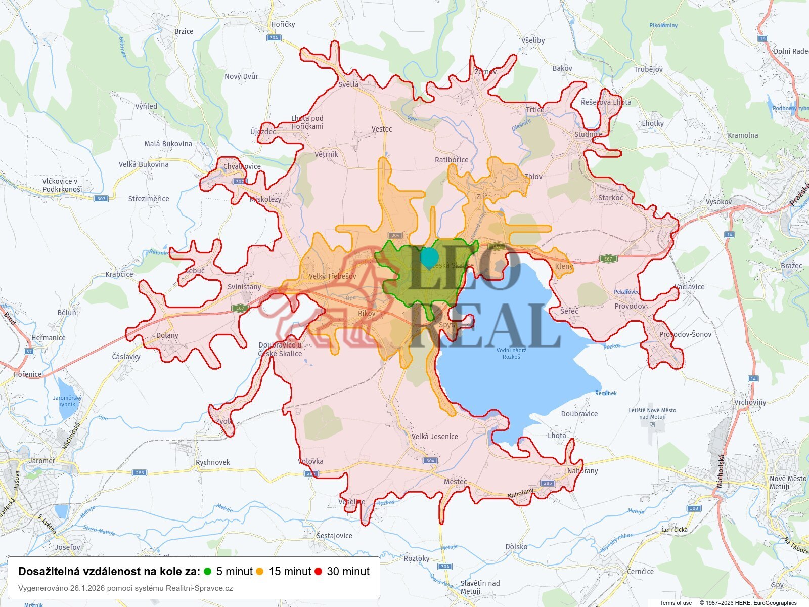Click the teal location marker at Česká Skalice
tap(429, 257)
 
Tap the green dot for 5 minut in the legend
tap(207, 572)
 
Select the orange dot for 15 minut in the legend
tap(260, 572)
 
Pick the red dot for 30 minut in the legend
tap(318, 572)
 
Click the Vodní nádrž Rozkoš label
tap(511, 353)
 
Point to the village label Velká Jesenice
tap(434, 437)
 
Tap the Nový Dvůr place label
tap(241, 76)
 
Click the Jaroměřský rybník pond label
tap(67, 401)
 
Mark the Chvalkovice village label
tap(242, 166)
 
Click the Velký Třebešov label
tap(332, 276)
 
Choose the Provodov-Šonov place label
tap(685, 334)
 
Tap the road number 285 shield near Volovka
tap(311, 473)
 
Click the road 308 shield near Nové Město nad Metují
tap(694, 508)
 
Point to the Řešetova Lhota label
tap(606, 102)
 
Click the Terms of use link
tap(676, 603)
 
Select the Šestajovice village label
tap(334, 536)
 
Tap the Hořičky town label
tap(283, 24)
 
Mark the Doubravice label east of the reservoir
tap(579, 414)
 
